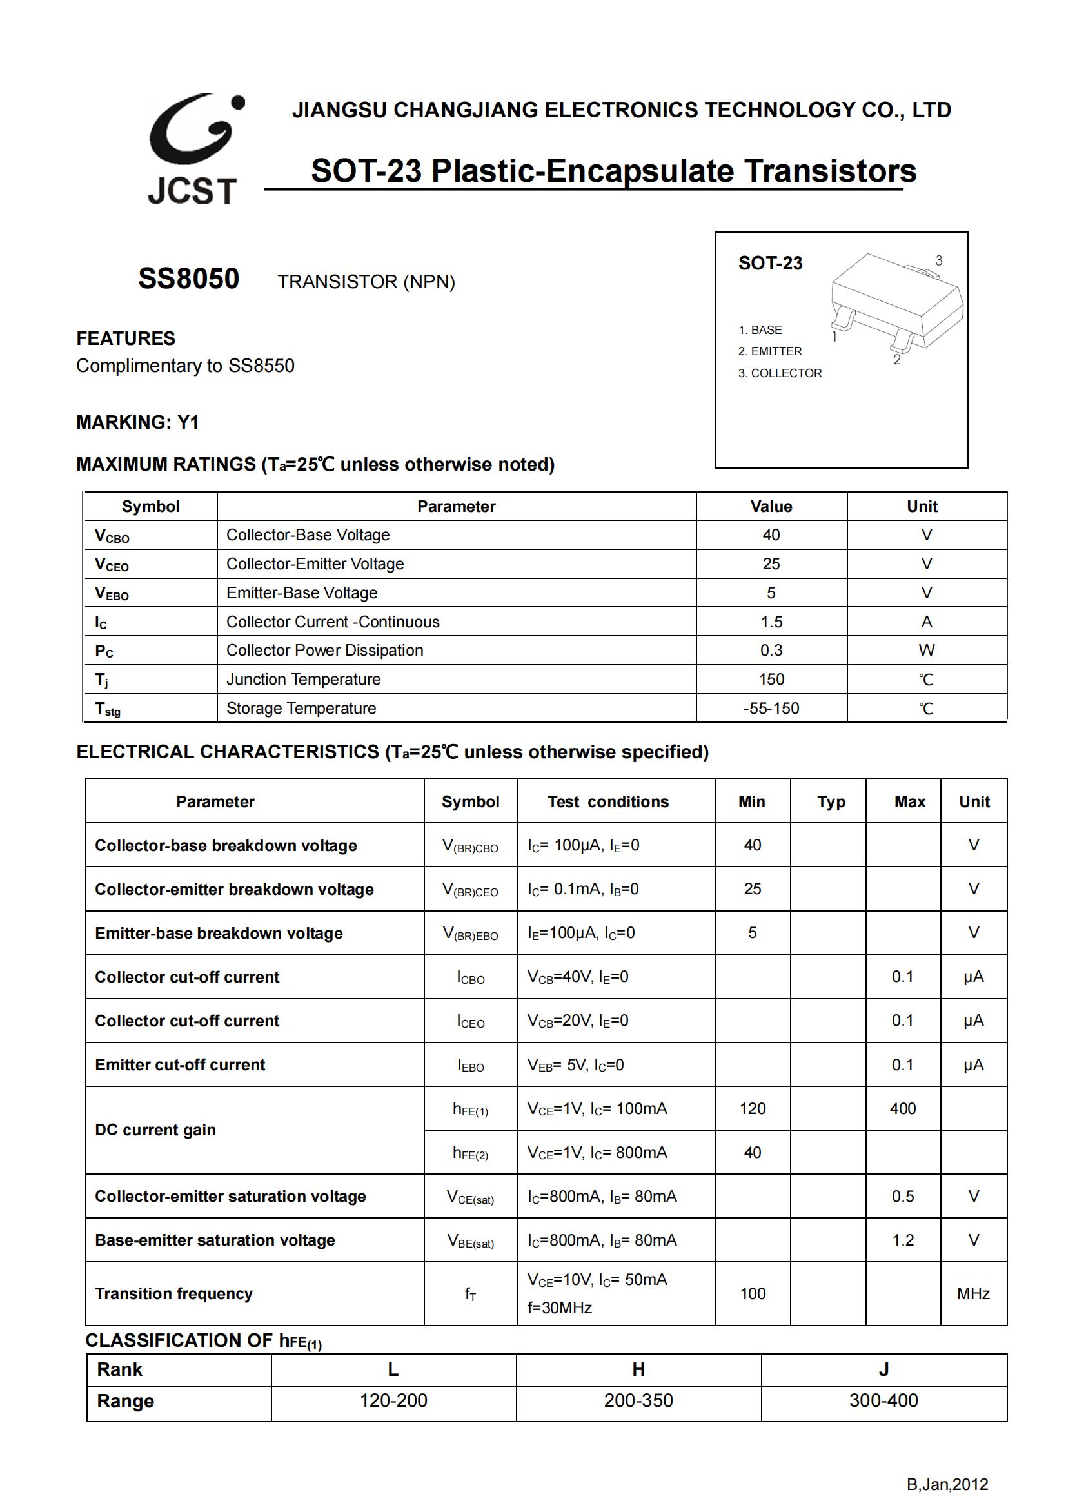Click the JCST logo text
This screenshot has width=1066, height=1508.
pyautogui.click(x=192, y=191)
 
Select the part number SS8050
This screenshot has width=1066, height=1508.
pyautogui.click(x=188, y=279)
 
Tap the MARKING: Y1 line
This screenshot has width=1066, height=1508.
pyautogui.click(x=137, y=422)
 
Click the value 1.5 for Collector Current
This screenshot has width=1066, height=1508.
pyautogui.click(x=771, y=622)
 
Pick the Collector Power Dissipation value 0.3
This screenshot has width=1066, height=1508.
pyautogui.click(x=771, y=651)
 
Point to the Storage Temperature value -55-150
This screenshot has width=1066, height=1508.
pyautogui.click(x=771, y=708)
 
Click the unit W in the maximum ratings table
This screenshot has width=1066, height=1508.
pyautogui.click(x=926, y=651)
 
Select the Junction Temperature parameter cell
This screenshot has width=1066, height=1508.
pyautogui.click(x=304, y=679)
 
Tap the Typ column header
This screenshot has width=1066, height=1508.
pyautogui.click(x=831, y=801)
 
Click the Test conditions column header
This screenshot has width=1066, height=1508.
pyautogui.click(x=608, y=801)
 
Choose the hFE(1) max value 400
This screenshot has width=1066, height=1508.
pyautogui.click(x=902, y=1109)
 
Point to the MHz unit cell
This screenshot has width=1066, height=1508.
pyautogui.click(x=972, y=1293)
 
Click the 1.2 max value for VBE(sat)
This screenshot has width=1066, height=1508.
pyautogui.click(x=902, y=1240)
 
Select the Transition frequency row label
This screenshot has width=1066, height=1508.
pyautogui.click(x=174, y=1293)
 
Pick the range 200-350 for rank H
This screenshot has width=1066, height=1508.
pyautogui.click(x=638, y=1400)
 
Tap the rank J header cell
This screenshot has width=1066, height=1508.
pyautogui.click(x=883, y=1369)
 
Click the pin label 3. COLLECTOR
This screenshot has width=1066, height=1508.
pyautogui.click(x=780, y=373)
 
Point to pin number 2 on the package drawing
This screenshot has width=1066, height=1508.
pyautogui.click(x=896, y=360)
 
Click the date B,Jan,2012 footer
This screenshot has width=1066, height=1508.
pyautogui.click(x=947, y=1484)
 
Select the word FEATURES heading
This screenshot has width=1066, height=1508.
pyautogui.click(x=126, y=338)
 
